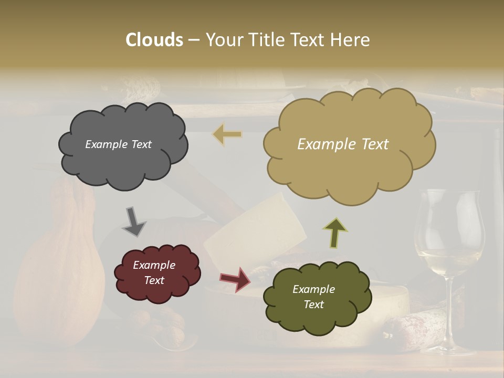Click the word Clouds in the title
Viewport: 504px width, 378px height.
[x=154, y=40]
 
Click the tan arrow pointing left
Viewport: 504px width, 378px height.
[x=227, y=134]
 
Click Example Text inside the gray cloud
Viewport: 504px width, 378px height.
[x=118, y=144]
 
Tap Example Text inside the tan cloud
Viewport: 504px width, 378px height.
[x=343, y=144]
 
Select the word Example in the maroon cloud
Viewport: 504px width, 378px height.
[x=154, y=265]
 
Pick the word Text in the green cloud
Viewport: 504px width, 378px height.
[x=313, y=304]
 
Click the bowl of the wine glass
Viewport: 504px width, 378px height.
[x=448, y=231]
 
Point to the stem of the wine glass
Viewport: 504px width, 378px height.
[x=450, y=310]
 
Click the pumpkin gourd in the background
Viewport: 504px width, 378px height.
[x=58, y=273]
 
